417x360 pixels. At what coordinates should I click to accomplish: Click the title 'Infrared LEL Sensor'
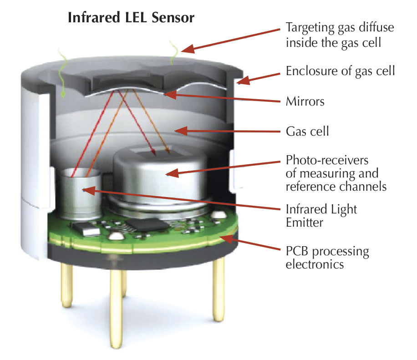coord(131,18)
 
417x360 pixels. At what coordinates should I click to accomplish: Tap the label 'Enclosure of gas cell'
coord(340,71)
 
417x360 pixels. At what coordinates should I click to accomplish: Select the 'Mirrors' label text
coord(305,101)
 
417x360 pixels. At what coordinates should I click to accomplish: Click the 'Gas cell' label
coord(307,132)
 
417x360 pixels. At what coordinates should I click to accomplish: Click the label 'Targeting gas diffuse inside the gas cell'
coord(340,34)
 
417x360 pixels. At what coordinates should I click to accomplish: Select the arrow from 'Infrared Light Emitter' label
coord(182,200)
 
